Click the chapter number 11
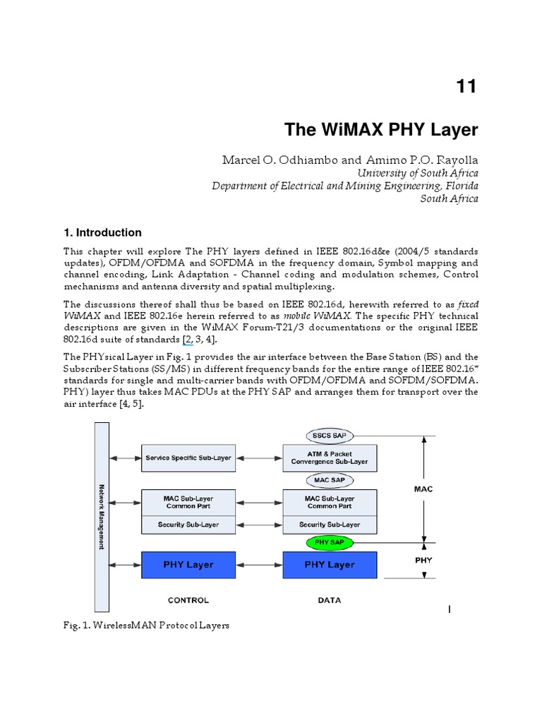(466, 86)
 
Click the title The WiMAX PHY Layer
(381, 130)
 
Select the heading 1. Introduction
(102, 232)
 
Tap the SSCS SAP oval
(330, 435)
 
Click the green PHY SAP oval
(330, 543)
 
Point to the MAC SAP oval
(330, 480)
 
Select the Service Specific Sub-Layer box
(188, 458)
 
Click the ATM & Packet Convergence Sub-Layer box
(330, 458)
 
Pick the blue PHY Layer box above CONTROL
(188, 565)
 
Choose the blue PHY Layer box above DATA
(330, 565)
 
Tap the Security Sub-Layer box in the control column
(188, 525)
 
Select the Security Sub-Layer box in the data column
(330, 525)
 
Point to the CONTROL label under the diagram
(188, 600)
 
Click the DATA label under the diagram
(330, 600)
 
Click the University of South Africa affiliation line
(417, 173)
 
